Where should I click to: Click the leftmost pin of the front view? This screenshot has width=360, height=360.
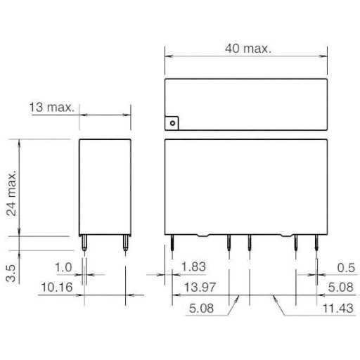point(172,244)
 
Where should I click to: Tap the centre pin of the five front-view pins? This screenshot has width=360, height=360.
point(250,244)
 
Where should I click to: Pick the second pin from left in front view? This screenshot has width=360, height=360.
point(229,244)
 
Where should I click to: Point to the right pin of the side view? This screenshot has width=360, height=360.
point(125,244)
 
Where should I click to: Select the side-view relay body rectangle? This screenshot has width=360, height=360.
point(105,187)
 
